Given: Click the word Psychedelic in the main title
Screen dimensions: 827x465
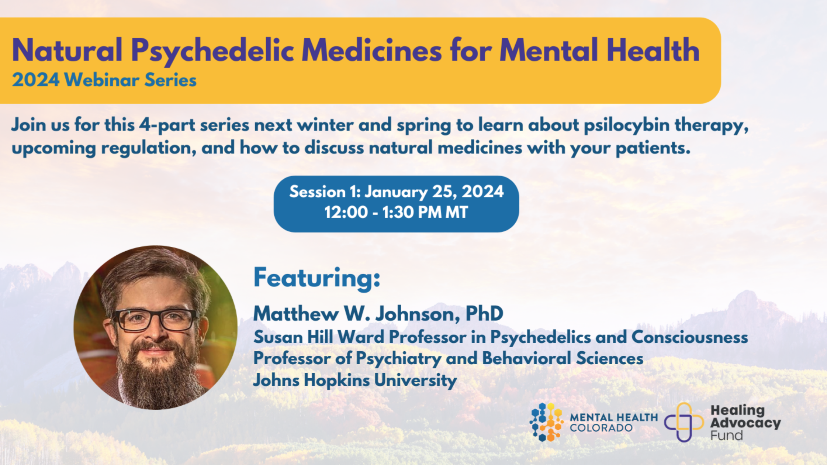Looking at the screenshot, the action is [212, 51].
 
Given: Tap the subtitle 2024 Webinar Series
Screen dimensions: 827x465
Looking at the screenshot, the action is [104, 80].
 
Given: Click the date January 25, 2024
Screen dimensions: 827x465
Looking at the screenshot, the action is [434, 192].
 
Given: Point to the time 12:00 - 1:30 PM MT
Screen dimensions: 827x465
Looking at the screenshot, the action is [396, 212].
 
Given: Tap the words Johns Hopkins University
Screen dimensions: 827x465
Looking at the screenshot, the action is [355, 380].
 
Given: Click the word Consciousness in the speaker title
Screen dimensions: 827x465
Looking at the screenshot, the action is [690, 337].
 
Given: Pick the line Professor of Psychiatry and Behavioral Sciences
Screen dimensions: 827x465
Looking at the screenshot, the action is [448, 359].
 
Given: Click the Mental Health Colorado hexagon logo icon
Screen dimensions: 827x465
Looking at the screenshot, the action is [546, 422].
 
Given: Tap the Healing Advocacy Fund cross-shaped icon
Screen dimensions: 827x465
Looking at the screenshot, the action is [684, 422].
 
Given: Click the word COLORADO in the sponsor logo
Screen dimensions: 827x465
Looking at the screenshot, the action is [601, 428].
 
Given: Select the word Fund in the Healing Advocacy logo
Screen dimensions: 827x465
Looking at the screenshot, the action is [727, 435].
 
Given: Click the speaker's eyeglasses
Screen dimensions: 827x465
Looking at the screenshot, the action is [155, 320].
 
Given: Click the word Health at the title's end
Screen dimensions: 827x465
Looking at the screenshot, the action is [653, 51].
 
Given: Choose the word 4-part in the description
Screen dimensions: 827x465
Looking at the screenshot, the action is [167, 125].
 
